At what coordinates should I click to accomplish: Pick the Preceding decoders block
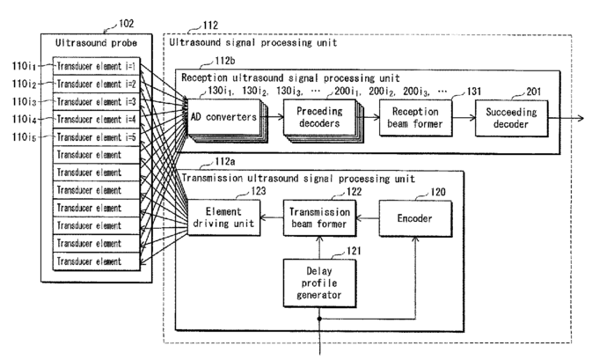(312, 117)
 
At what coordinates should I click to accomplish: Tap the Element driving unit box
(223, 217)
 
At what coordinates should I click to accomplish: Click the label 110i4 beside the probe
(24, 119)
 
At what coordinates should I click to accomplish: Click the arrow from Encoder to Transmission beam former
(368, 217)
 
